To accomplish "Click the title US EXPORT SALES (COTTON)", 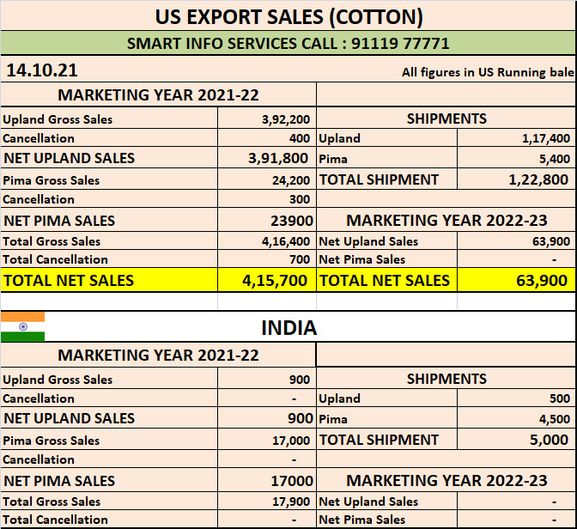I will coord(288,15).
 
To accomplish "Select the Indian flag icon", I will coord(22,327).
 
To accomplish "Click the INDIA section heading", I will coord(288,327).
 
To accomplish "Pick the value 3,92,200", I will coord(286,119).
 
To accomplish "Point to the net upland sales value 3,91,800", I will coord(278,158).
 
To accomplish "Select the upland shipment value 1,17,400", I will coord(546,138).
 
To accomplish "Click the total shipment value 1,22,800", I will coord(538,179).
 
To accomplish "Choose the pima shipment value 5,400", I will coord(554,159).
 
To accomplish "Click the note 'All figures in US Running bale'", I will coord(487,72).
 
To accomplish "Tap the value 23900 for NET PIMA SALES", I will coord(292,221).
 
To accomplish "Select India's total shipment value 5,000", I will coord(549,440).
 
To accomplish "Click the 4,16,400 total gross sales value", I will coord(286,241).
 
